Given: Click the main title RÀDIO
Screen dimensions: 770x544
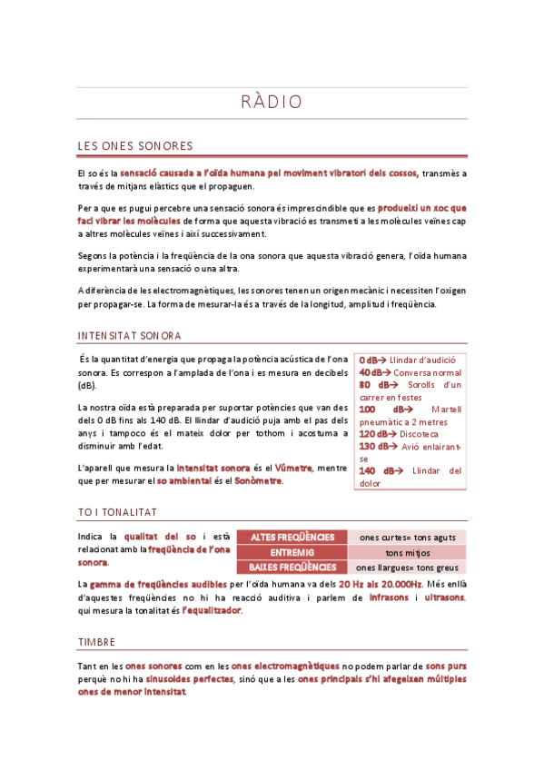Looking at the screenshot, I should pos(272,102).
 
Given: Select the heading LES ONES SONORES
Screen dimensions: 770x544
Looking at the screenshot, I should pos(135,146).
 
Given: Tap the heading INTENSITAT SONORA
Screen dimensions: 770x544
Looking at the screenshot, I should pos(129,335).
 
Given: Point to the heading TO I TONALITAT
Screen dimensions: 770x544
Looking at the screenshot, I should pos(118,512).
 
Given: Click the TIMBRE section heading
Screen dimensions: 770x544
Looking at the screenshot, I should pos(96,641).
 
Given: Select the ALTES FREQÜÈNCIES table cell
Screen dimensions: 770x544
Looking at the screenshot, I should pos(292,537).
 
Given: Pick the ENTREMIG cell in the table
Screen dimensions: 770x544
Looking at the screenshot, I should pos(292,552).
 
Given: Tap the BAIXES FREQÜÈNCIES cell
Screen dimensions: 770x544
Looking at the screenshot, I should pos(292,568).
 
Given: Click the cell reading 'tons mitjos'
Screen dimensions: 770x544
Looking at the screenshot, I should pos(408,552).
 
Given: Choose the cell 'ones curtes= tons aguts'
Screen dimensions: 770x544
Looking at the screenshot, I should pos(408,537).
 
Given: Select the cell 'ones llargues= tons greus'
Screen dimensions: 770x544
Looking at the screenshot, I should pos(408,568).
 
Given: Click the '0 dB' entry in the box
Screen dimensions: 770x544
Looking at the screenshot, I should pos(368,360).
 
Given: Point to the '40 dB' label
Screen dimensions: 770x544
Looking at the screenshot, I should pos(371,372).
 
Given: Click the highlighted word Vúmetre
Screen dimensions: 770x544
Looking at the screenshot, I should pos(294,468).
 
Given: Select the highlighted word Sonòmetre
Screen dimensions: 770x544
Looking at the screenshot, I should pos(259,480).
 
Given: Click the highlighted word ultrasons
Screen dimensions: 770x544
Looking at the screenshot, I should pos(445,597).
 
